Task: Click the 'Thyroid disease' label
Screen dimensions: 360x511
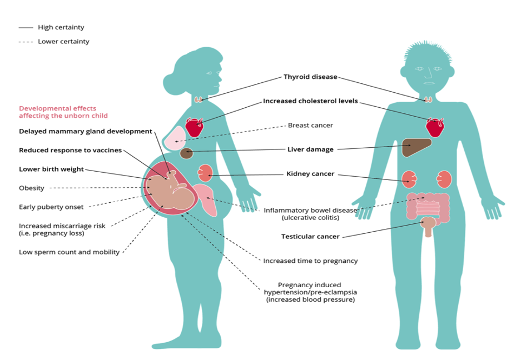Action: click(310, 77)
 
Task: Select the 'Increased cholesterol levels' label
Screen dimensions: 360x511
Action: click(310, 101)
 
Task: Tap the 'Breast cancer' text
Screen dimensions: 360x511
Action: click(310, 126)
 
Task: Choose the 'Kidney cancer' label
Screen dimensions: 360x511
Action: click(310, 174)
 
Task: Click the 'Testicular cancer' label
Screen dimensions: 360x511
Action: click(310, 237)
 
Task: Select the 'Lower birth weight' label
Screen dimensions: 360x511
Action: click(52, 169)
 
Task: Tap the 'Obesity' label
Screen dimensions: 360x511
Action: click(32, 188)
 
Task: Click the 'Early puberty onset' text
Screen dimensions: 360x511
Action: click(51, 207)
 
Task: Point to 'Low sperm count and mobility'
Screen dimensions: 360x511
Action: click(70, 252)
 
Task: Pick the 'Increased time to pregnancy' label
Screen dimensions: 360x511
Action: click(310, 261)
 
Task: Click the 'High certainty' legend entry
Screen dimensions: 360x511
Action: click(61, 27)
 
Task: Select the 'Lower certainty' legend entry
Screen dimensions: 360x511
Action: click(63, 42)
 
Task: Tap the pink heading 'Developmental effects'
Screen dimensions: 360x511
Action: click(57, 108)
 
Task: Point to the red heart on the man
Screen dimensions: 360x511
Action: click(435, 127)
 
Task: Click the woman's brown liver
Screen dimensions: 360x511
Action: click(187, 153)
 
